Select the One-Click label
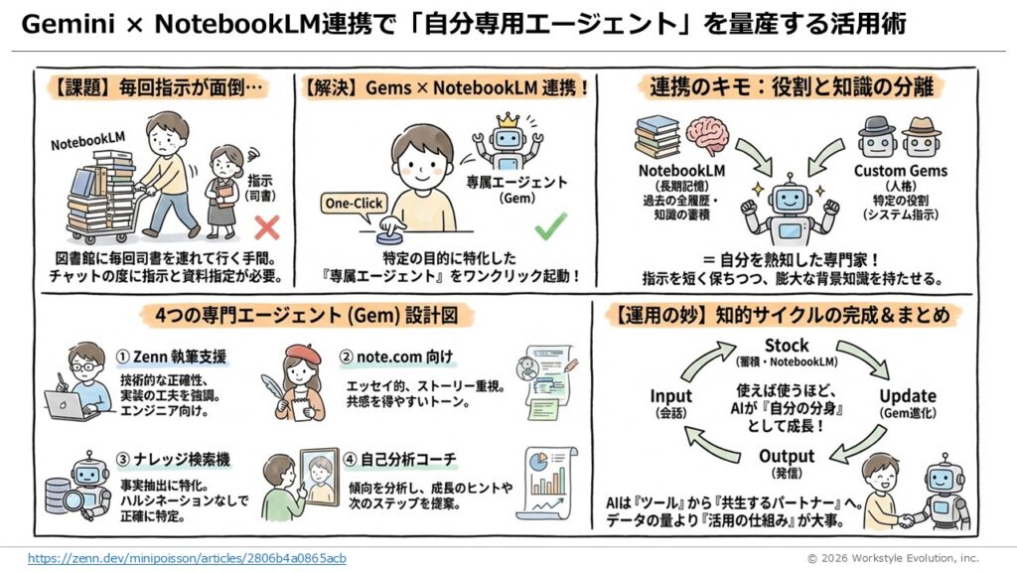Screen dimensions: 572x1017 354,203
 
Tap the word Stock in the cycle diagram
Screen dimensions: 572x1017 787,346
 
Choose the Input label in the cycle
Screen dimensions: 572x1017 671,396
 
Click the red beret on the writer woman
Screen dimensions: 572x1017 299,353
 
